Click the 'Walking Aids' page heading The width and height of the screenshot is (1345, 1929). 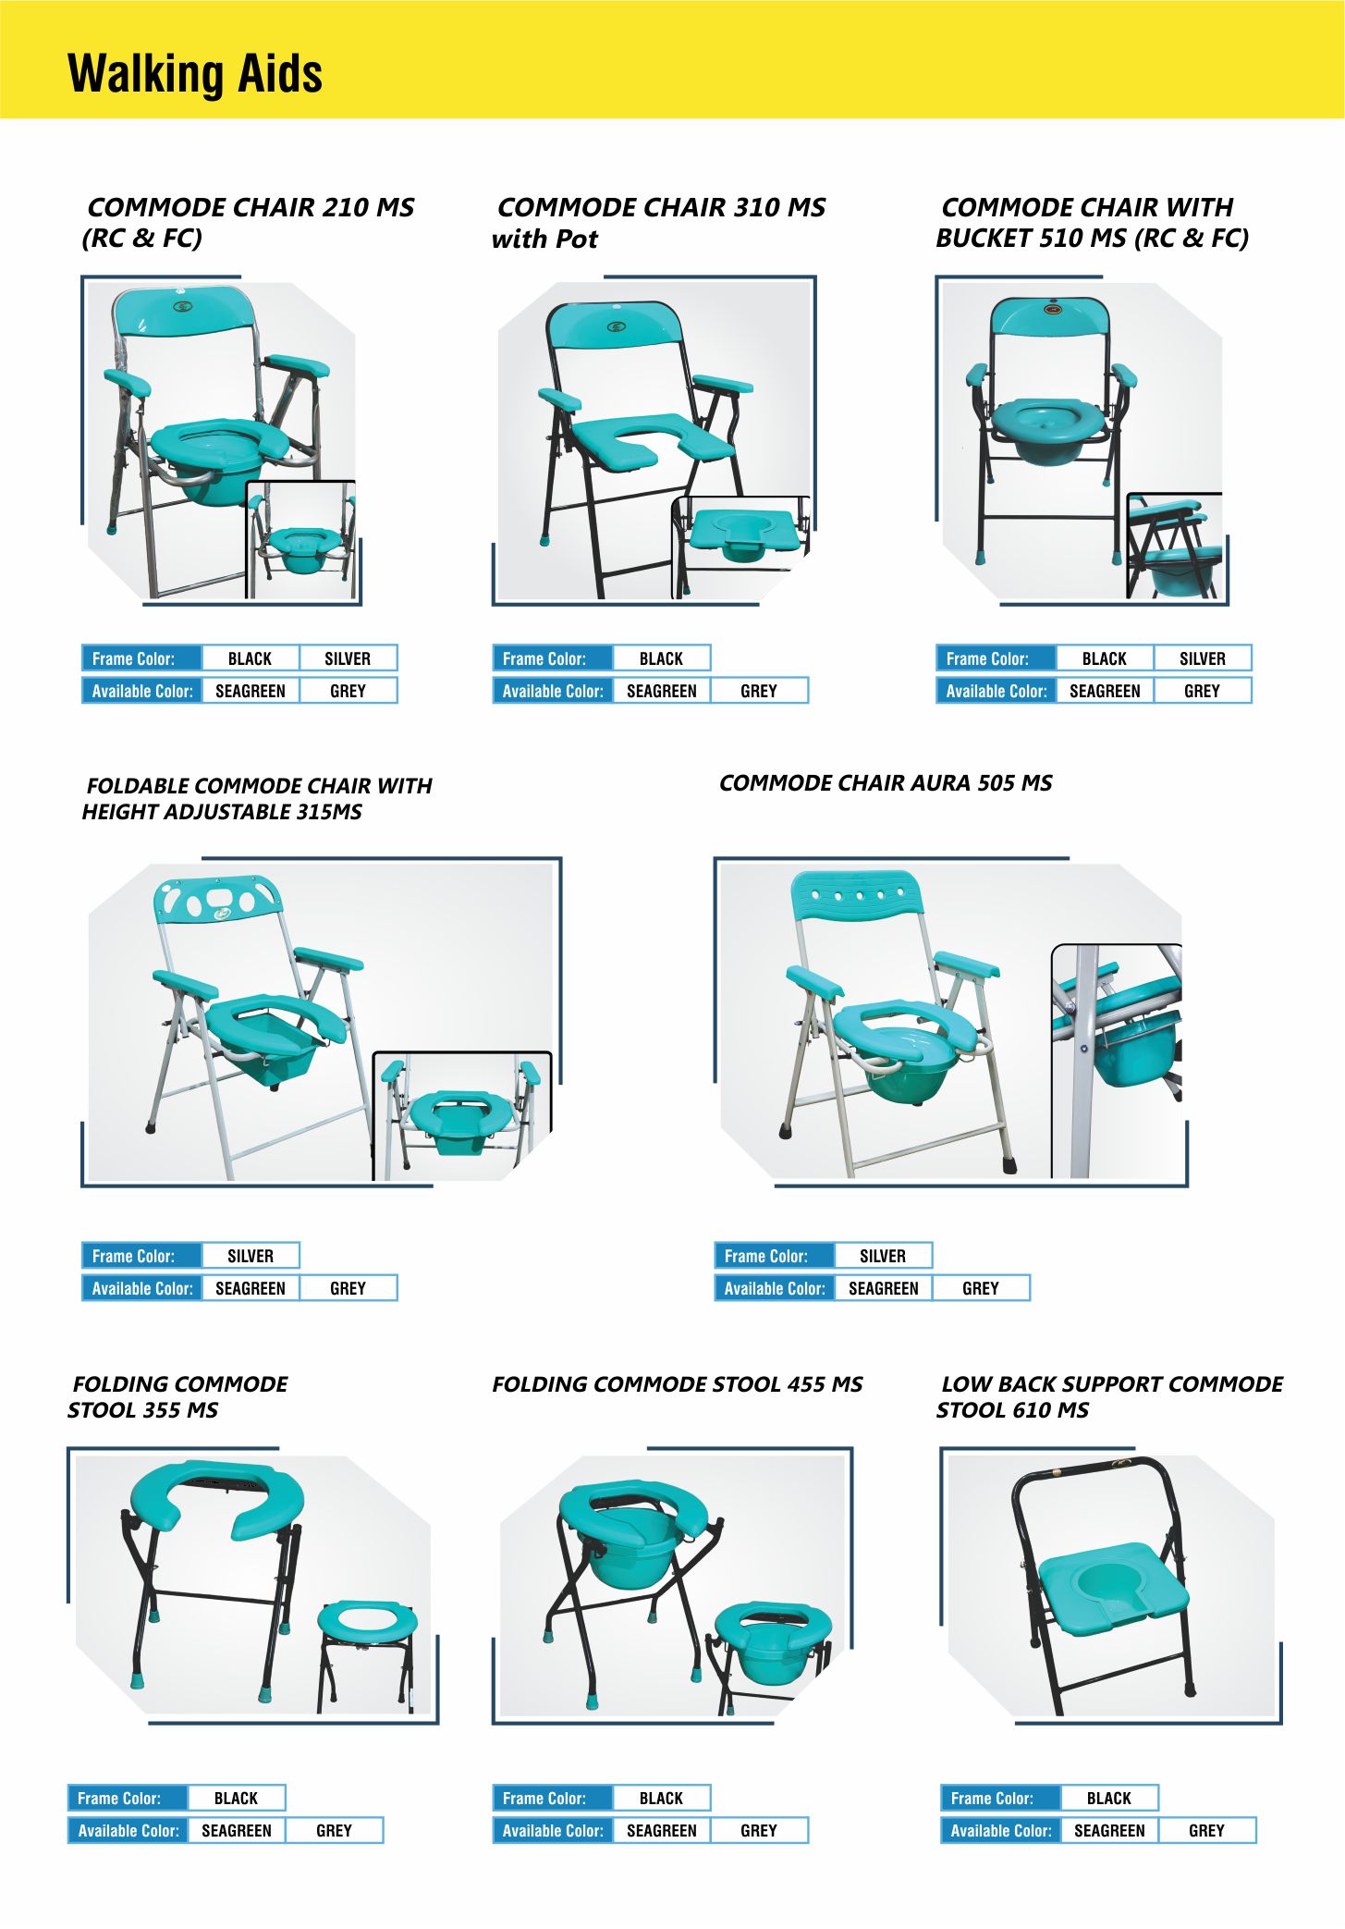pyautogui.click(x=195, y=74)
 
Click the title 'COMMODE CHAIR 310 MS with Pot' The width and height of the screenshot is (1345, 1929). pyautogui.click(x=658, y=223)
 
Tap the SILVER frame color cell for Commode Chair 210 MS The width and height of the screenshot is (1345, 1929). pyautogui.click(x=348, y=658)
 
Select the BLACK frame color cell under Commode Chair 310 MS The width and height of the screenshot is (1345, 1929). pyautogui.click(x=661, y=658)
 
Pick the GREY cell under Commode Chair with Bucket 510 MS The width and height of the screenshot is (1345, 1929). pyautogui.click(x=1202, y=691)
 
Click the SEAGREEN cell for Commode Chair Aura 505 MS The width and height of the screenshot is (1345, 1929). pyautogui.click(x=883, y=1288)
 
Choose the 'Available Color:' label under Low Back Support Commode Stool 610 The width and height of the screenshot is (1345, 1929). pyautogui.click(x=1001, y=1830)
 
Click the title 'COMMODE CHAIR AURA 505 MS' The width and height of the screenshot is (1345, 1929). pyautogui.click(x=886, y=783)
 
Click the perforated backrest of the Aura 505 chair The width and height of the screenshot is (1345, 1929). pyautogui.click(x=857, y=893)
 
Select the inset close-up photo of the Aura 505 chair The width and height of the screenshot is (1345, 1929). pyautogui.click(x=1117, y=1061)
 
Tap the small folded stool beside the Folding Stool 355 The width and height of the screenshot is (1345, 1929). pyautogui.click(x=367, y=1655)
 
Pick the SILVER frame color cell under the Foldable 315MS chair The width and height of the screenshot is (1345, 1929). pyautogui.click(x=251, y=1256)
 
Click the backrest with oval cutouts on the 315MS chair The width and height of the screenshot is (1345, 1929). pyautogui.click(x=218, y=898)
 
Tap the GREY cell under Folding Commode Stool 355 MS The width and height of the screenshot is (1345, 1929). pyautogui.click(x=334, y=1830)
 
